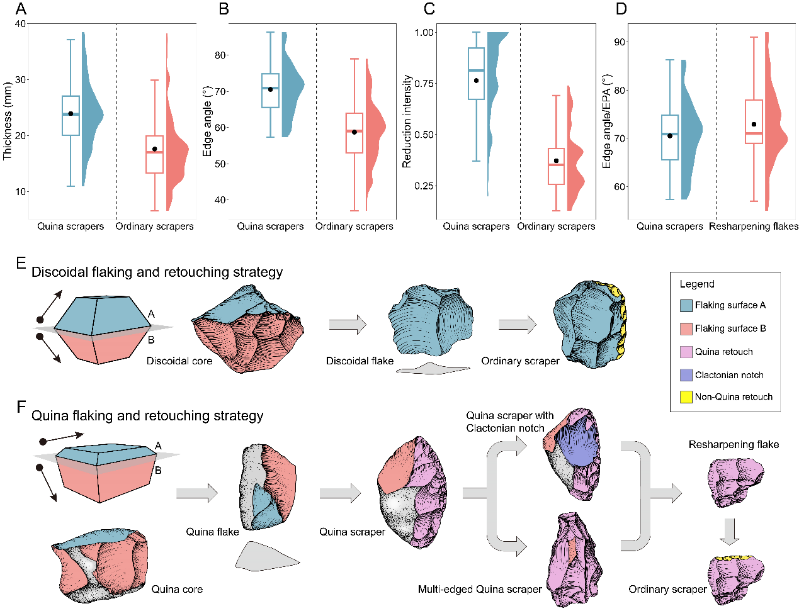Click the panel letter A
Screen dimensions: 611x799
pos(22,9)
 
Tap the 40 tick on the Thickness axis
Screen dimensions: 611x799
pos(21,24)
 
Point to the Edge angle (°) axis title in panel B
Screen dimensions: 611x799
pos(207,121)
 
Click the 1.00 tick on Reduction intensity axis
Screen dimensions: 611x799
pos(425,32)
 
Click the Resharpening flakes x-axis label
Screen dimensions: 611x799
pos(753,226)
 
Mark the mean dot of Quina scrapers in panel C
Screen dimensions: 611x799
pos(477,81)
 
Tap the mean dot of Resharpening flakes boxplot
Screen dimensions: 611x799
pos(754,125)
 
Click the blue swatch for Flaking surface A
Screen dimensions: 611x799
pos(686,306)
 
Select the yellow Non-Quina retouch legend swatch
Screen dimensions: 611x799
pos(686,397)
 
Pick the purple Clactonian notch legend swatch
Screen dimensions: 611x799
pos(686,375)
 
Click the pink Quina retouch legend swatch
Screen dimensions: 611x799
pos(686,352)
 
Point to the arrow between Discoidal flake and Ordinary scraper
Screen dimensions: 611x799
pos(517,325)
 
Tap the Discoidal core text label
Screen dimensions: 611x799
pos(179,361)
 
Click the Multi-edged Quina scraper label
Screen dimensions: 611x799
pos(480,590)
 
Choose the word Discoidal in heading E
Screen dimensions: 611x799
pos(60,272)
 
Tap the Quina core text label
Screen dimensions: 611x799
pos(177,590)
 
